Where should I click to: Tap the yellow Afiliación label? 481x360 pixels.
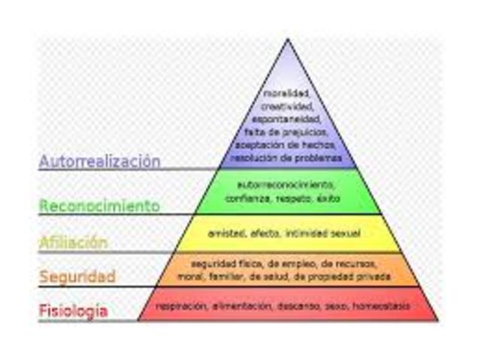coord(74,242)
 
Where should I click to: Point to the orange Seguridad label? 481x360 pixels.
coord(77,276)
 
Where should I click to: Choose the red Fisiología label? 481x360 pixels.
coord(74,310)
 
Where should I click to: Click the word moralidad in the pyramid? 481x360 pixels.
coord(287,94)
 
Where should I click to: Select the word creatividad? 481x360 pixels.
coord(287,107)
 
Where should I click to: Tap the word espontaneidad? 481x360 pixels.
coord(287,119)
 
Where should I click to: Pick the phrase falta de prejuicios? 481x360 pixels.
coord(287,132)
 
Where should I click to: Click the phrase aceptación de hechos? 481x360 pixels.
coord(287,145)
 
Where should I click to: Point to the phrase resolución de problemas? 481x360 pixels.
coord(287,158)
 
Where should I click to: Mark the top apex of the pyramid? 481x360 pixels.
coord(287,40)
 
